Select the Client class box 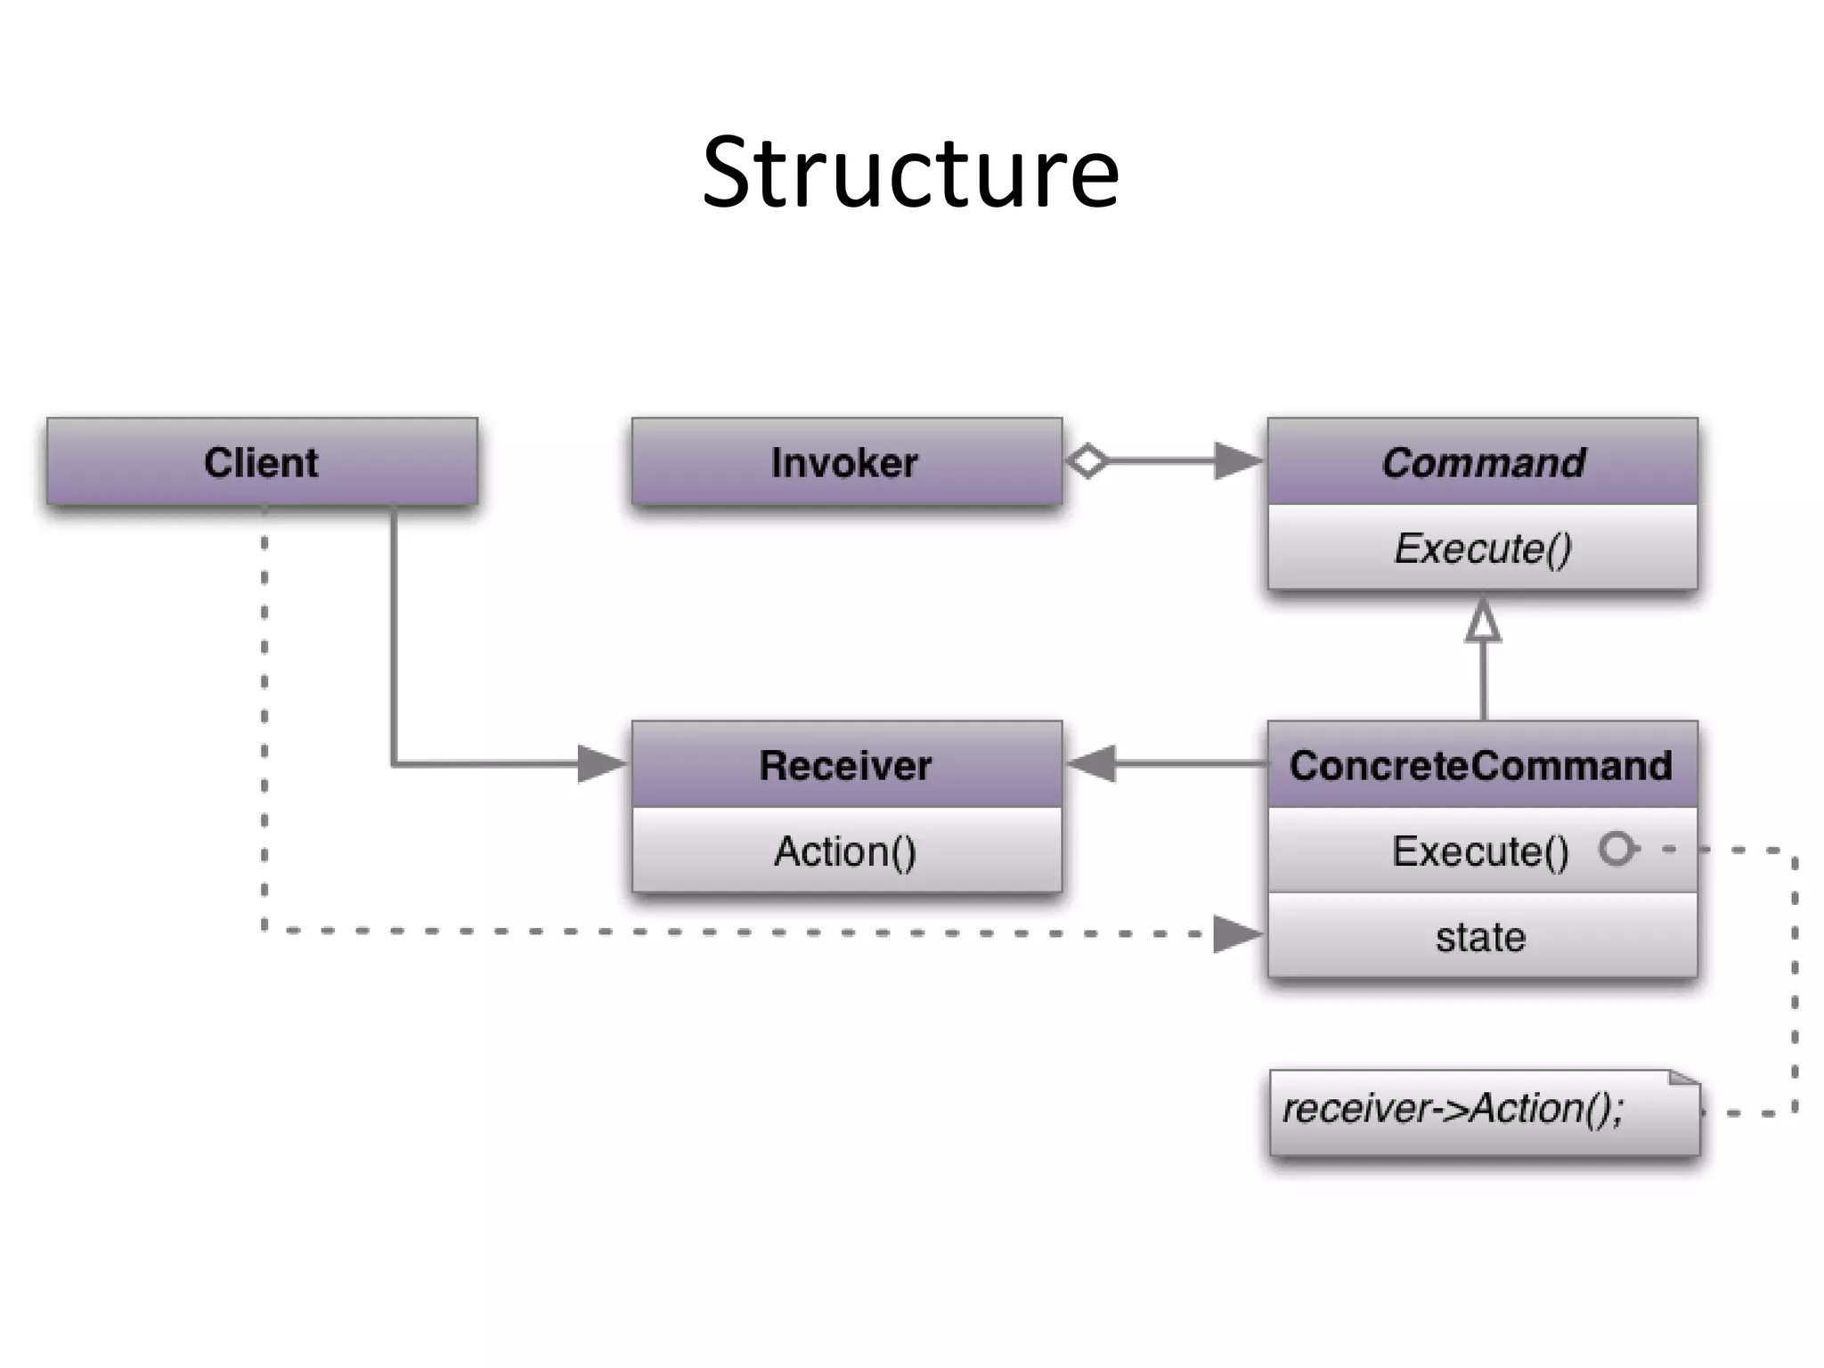point(262,462)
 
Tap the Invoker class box point(846,462)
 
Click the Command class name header point(1483,462)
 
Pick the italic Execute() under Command point(1483,548)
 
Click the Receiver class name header point(846,765)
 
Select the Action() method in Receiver point(846,851)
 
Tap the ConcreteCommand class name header point(1482,765)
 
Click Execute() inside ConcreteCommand point(1480,851)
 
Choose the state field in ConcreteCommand point(1480,937)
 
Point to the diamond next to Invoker point(1087,461)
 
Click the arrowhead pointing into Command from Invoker point(1238,461)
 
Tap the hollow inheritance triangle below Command point(1483,621)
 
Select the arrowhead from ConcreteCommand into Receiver point(1091,764)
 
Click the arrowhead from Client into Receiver point(602,764)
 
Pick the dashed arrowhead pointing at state point(1238,934)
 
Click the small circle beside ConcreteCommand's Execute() point(1616,848)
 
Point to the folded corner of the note point(1686,1079)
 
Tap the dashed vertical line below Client point(265,712)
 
